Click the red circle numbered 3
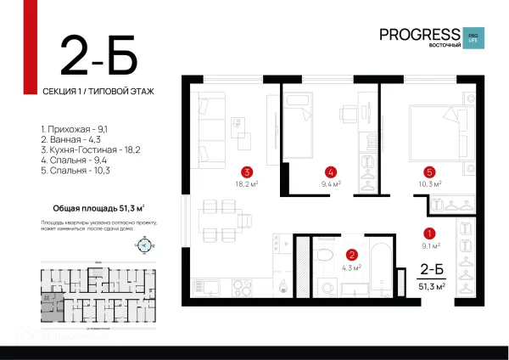coord(246,170)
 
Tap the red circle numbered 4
coord(331,170)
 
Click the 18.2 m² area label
coord(246,183)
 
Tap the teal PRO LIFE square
coord(476,38)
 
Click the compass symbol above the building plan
coord(143,245)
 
